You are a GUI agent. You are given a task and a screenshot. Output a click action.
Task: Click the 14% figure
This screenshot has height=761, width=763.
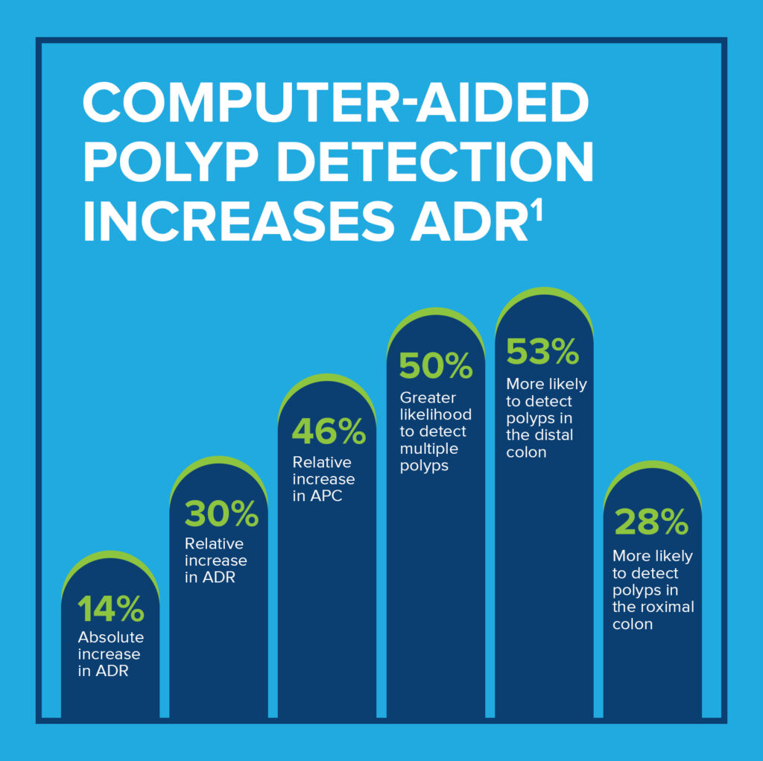coord(110,610)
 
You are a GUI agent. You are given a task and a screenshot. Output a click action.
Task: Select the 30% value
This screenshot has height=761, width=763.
coord(221,514)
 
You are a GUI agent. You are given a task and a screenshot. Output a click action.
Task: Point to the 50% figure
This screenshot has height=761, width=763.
coord(436,365)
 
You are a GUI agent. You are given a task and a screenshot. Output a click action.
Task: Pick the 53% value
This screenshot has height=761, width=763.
coord(542,352)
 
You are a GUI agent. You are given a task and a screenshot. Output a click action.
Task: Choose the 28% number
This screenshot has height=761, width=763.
coord(651,523)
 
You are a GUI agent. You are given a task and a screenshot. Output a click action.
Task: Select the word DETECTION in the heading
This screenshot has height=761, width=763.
coord(439,162)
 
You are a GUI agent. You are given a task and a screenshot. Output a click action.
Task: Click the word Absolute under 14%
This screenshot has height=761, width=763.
coord(111,638)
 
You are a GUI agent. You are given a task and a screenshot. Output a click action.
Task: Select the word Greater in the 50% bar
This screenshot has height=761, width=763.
coord(428,398)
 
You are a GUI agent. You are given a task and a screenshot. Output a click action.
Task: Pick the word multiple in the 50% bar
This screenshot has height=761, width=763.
coord(428,449)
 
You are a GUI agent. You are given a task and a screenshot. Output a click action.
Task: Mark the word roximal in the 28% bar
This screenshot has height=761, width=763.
coord(668,607)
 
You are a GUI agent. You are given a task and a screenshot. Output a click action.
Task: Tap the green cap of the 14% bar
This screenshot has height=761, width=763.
coord(110,557)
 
